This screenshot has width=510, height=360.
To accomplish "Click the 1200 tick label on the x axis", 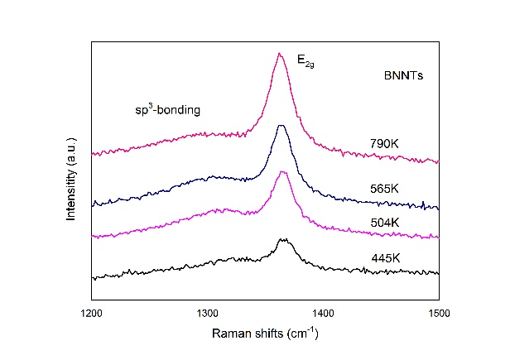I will (x=91, y=313).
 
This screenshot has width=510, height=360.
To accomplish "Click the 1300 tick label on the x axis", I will (x=207, y=313).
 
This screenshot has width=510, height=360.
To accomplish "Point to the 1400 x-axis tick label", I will (x=323, y=313).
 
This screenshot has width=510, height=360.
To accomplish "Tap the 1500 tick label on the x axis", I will (x=439, y=313).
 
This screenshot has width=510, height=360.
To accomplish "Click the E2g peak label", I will (x=307, y=60).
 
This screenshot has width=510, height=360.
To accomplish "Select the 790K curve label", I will (x=386, y=143).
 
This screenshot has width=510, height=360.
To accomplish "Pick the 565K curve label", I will (x=387, y=189).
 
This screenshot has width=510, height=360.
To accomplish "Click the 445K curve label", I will (x=386, y=258).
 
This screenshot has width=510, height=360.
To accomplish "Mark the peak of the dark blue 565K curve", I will (x=281, y=126).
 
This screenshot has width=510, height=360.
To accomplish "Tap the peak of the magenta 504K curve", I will (x=283, y=172).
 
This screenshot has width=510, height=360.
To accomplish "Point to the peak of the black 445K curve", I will (x=285, y=240).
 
